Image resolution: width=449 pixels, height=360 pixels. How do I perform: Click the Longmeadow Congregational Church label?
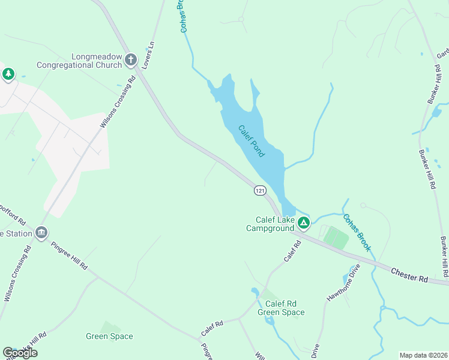coord(79,61)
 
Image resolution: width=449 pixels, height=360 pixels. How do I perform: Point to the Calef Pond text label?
coord(252,141)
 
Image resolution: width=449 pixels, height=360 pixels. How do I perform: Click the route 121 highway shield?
coord(259,190)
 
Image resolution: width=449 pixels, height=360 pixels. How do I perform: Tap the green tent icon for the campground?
coord(304,224)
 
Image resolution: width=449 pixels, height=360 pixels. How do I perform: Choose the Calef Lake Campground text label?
coord(270,224)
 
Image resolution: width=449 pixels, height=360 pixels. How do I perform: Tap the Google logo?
coord(20,352)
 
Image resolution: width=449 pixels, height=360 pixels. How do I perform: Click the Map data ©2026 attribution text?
coord(423,355)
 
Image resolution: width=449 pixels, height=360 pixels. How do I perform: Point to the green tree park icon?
coord(8,74)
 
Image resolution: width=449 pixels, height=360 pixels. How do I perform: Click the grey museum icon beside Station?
coord(41,232)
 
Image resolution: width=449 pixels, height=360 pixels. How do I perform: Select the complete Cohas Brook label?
coord(357,232)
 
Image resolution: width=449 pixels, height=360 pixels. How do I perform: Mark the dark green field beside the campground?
coord(336,238)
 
